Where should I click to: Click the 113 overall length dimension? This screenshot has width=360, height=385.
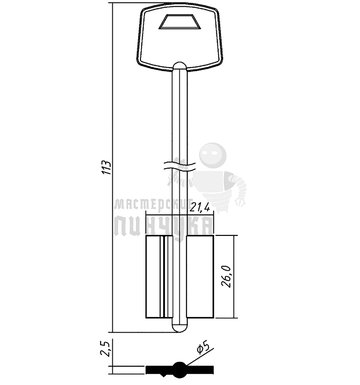click(x=107, y=167)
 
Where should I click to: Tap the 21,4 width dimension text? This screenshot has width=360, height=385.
click(x=200, y=208)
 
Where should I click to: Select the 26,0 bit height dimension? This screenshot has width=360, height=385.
click(x=226, y=276)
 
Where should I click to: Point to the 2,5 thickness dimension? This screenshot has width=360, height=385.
click(x=105, y=349)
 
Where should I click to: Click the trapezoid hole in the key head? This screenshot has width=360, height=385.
click(x=180, y=21)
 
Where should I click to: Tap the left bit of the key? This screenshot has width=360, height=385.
click(x=159, y=277)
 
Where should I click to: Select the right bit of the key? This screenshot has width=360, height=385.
click(x=200, y=277)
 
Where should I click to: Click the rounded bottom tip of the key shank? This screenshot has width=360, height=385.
click(x=180, y=328)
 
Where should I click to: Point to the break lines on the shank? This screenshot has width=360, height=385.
click(x=180, y=166)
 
